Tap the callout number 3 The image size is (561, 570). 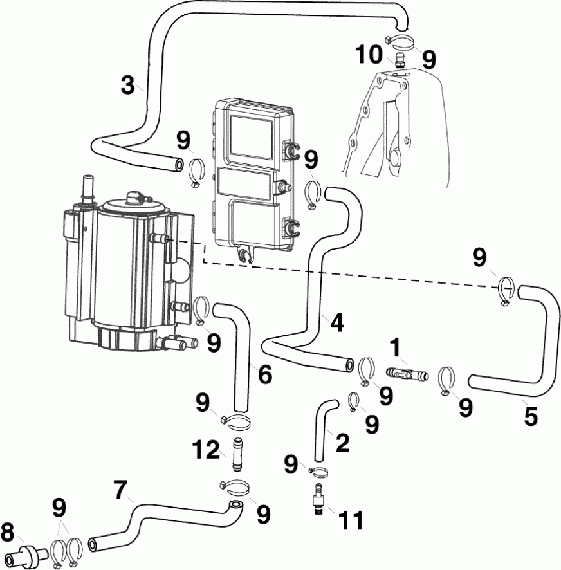click(129, 84)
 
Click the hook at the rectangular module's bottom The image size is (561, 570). click(244, 257)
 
